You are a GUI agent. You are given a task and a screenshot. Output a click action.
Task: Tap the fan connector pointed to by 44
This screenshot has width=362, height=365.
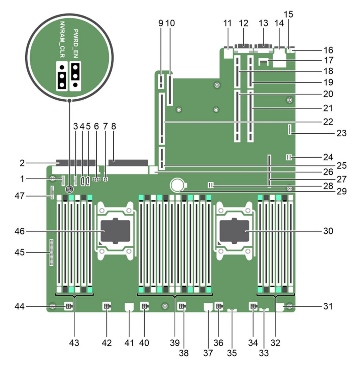pyautogui.click(x=68, y=306)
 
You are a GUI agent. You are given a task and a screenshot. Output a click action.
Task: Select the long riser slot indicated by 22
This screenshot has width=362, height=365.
pyautogui.click(x=162, y=118)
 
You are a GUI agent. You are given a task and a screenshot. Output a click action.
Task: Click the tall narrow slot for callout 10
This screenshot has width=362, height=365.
pyautogui.click(x=170, y=89)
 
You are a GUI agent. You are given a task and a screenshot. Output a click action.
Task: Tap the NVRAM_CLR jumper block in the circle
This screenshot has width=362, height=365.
pyautogui.click(x=62, y=76)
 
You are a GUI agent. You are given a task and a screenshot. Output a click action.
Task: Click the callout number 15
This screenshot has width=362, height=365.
pyautogui.click(x=289, y=14)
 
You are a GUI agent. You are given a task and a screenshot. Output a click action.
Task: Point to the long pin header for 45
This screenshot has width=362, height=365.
pyautogui.click(x=51, y=253)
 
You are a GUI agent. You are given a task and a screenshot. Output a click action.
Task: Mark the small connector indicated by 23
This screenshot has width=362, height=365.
pyautogui.click(x=289, y=129)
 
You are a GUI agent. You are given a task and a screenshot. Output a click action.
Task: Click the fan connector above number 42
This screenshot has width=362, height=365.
pyautogui.click(x=107, y=306)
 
